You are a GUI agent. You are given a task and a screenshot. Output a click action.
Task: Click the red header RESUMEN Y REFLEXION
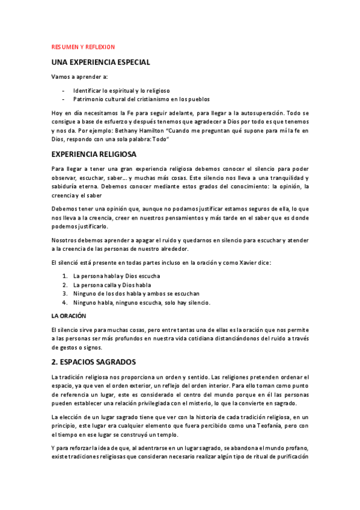pyautogui.click(x=83, y=46)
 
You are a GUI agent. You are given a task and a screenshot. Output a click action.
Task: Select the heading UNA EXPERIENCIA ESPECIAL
pyautogui.click(x=100, y=63)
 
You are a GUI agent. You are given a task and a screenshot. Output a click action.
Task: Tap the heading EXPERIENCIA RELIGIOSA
pyautogui.click(x=94, y=155)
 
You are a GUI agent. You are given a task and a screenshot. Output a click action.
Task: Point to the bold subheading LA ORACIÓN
pyautogui.click(x=69, y=316)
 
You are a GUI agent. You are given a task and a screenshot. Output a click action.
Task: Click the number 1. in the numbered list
pyautogui.click(x=64, y=276)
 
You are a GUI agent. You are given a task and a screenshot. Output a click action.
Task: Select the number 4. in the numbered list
pyautogui.click(x=64, y=302)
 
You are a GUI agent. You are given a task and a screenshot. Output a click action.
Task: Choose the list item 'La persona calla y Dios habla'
pyautogui.click(x=112, y=284)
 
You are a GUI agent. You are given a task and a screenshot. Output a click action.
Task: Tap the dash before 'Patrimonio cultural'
pyautogui.click(x=63, y=99)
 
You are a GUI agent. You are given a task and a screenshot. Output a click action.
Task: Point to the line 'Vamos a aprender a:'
pyautogui.click(x=79, y=77)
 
